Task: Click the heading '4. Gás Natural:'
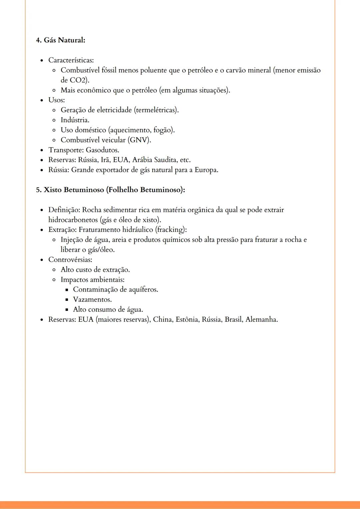click(61, 40)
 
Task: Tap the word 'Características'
click(70, 60)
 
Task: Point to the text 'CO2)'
click(79, 80)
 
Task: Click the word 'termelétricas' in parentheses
click(156, 110)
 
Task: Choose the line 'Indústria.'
click(75, 120)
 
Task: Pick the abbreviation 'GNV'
click(139, 140)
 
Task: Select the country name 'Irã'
click(105, 160)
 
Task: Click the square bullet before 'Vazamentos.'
click(67, 300)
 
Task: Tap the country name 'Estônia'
click(187, 320)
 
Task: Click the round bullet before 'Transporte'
click(42, 151)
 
